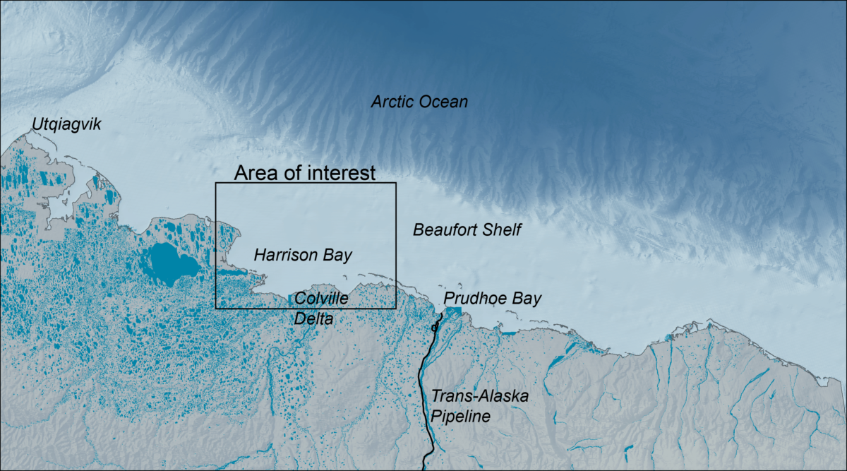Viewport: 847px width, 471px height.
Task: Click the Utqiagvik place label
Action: pyautogui.click(x=66, y=126)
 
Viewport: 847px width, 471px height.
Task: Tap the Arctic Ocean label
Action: pyautogui.click(x=419, y=102)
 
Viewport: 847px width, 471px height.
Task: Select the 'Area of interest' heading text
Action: pyautogui.click(x=305, y=173)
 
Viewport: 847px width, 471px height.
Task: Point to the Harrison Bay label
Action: pyautogui.click(x=303, y=254)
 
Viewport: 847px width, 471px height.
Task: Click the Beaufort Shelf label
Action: pyautogui.click(x=467, y=230)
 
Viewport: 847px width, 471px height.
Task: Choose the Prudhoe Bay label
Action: pyautogui.click(x=492, y=299)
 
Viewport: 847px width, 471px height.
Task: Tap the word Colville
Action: pyautogui.click(x=321, y=299)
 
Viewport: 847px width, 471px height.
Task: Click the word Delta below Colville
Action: pyautogui.click(x=313, y=319)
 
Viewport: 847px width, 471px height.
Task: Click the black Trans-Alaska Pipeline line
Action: pyautogui.click(x=428, y=395)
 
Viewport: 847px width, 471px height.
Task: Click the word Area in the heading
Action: pyautogui.click(x=254, y=173)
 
